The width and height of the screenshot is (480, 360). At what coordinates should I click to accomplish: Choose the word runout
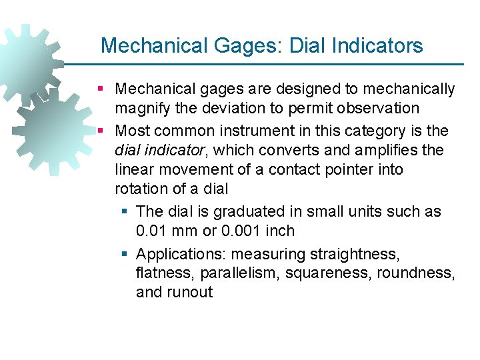[190, 292]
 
